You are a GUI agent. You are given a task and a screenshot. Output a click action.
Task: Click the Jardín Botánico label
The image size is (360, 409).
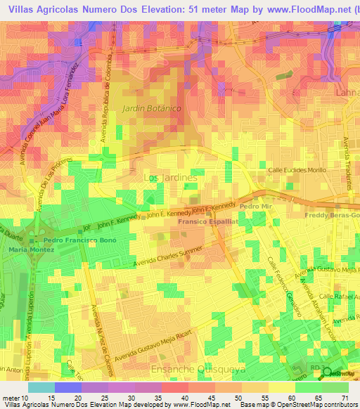tap(151, 108)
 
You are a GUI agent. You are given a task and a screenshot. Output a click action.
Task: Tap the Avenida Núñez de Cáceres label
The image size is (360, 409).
tap(97, 326)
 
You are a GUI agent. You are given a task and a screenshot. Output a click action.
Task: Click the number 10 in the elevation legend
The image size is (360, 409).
tap(27, 398)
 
